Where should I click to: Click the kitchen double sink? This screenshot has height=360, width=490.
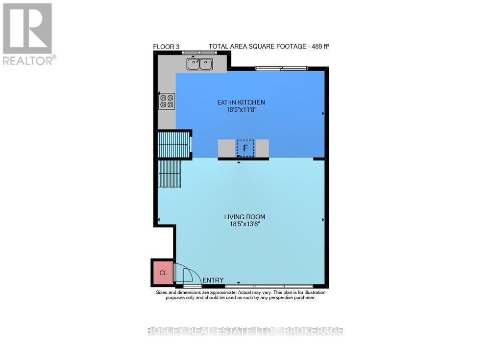(199, 63)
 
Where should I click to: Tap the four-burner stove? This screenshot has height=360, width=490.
(167, 101)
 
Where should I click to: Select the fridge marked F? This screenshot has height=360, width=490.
(245, 148)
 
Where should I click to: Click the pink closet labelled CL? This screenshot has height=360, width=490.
(163, 273)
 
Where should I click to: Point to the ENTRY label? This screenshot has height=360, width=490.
(213, 280)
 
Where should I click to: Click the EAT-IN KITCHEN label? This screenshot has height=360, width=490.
(241, 103)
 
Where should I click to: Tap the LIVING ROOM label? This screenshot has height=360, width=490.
(245, 217)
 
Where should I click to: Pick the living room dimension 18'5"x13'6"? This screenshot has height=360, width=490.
(245, 224)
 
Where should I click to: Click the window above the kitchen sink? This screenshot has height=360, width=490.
(194, 52)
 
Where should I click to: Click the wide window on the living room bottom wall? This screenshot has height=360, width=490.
(269, 285)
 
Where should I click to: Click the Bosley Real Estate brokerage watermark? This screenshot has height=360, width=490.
(245, 331)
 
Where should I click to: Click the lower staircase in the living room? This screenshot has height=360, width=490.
(170, 174)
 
